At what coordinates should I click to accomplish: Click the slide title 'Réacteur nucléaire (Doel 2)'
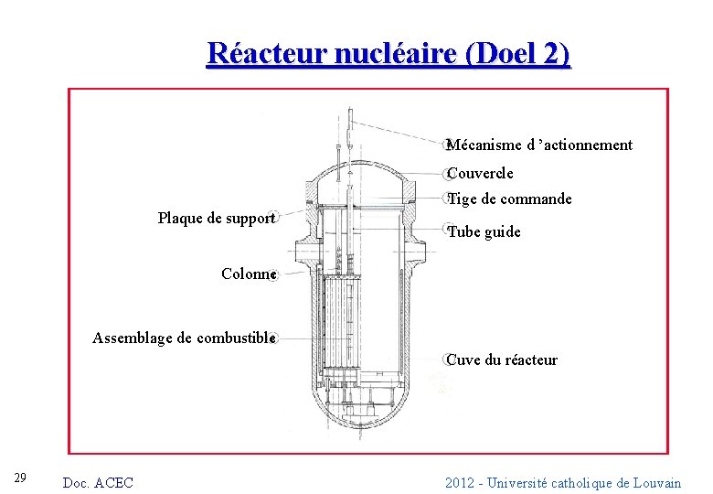click(388, 54)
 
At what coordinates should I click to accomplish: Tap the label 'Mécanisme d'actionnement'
click(539, 145)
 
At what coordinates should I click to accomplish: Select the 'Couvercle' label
click(480, 173)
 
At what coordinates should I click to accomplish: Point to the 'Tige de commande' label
click(509, 199)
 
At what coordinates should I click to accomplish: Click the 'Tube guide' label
click(484, 232)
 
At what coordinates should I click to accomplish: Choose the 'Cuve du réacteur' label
click(502, 360)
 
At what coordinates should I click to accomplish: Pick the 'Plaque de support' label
click(216, 219)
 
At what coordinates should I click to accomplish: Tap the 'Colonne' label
click(249, 274)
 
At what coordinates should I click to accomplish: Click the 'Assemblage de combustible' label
click(183, 338)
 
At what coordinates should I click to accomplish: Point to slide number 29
click(21, 478)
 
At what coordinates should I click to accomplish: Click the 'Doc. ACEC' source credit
click(97, 483)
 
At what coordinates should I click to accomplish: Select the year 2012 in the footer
click(460, 483)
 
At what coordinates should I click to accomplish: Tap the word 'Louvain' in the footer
click(655, 483)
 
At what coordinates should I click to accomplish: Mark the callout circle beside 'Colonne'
click(274, 274)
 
